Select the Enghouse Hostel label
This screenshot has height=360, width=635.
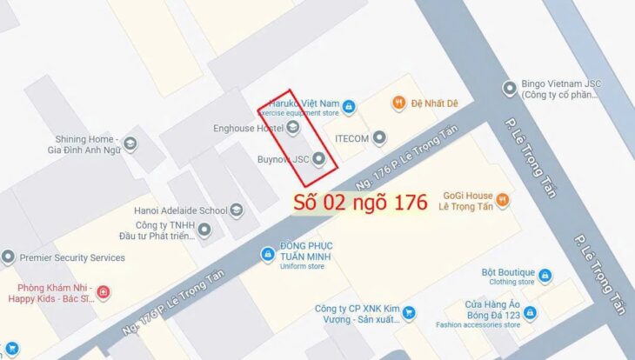tap(248, 129)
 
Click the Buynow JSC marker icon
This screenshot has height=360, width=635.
tap(318, 159)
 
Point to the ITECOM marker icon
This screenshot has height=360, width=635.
tap(379, 138)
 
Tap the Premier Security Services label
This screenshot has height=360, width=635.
tap(72, 257)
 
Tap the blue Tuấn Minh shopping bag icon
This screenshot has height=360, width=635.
tap(268, 254)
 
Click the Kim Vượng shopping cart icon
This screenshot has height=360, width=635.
tap(408, 313)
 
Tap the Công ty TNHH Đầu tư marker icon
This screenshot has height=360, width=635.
tap(204, 230)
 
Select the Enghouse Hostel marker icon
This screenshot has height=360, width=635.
tap(293, 129)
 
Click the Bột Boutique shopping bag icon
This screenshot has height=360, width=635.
tap(545, 276)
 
